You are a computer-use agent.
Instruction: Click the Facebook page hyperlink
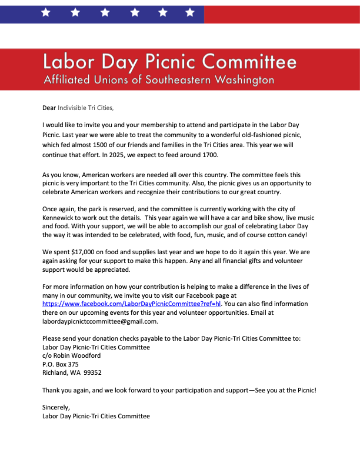(x=131, y=304)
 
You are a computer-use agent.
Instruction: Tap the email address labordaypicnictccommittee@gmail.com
(x=100, y=321)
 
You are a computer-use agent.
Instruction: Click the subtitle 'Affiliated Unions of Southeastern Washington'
(x=159, y=79)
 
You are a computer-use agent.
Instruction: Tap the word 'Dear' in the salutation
(x=49, y=108)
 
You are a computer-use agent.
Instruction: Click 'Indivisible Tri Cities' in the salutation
(x=85, y=108)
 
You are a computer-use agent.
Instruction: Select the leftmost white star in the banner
(x=45, y=12)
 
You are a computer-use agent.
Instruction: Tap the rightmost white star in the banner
(x=189, y=12)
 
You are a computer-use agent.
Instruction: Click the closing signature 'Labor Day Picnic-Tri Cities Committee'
(x=96, y=416)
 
